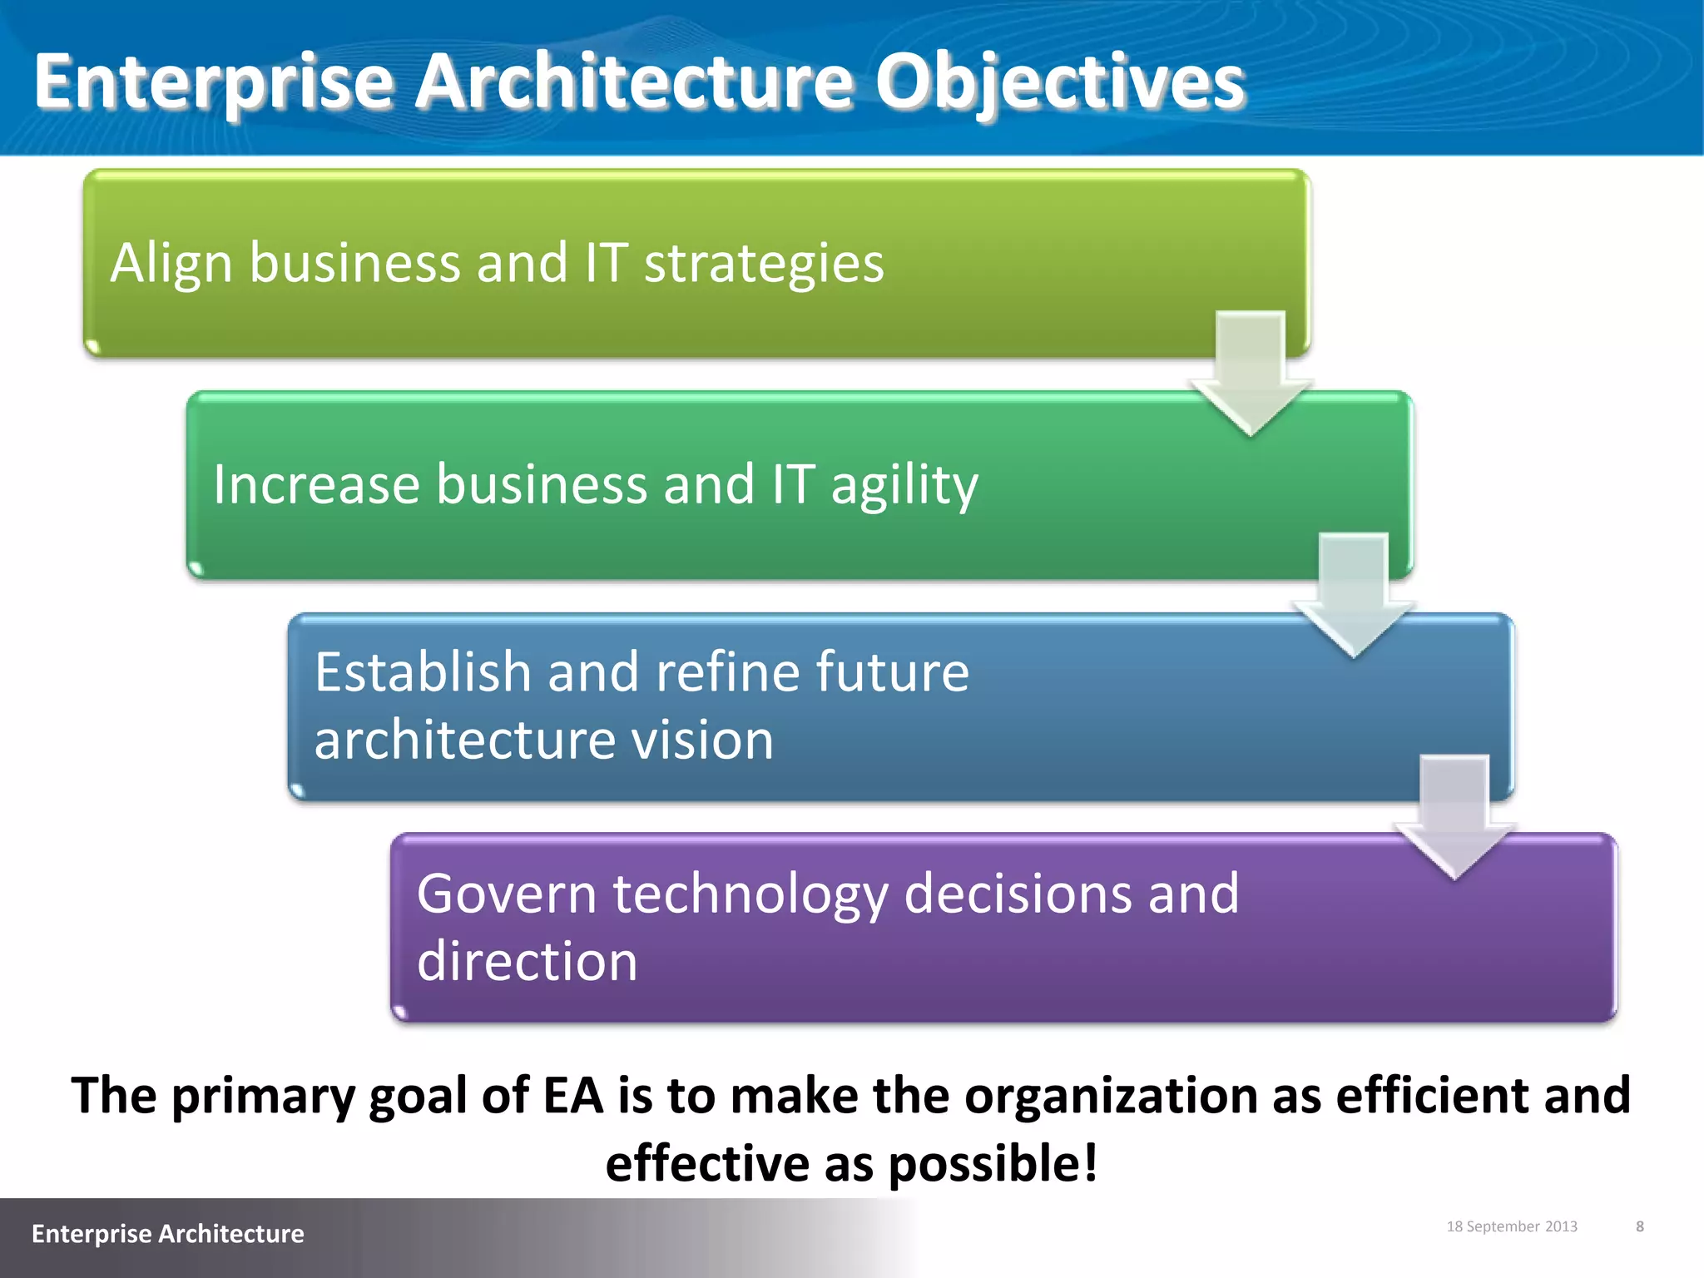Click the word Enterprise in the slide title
213,82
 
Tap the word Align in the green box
171,263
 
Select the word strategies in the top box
763,263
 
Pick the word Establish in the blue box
422,671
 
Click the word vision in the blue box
702,740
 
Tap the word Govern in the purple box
505,894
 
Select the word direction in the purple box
527,961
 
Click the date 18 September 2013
1511,1226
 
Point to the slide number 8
1639,1226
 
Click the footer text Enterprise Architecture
167,1233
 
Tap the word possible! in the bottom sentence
993,1162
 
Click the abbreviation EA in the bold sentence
572,1095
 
